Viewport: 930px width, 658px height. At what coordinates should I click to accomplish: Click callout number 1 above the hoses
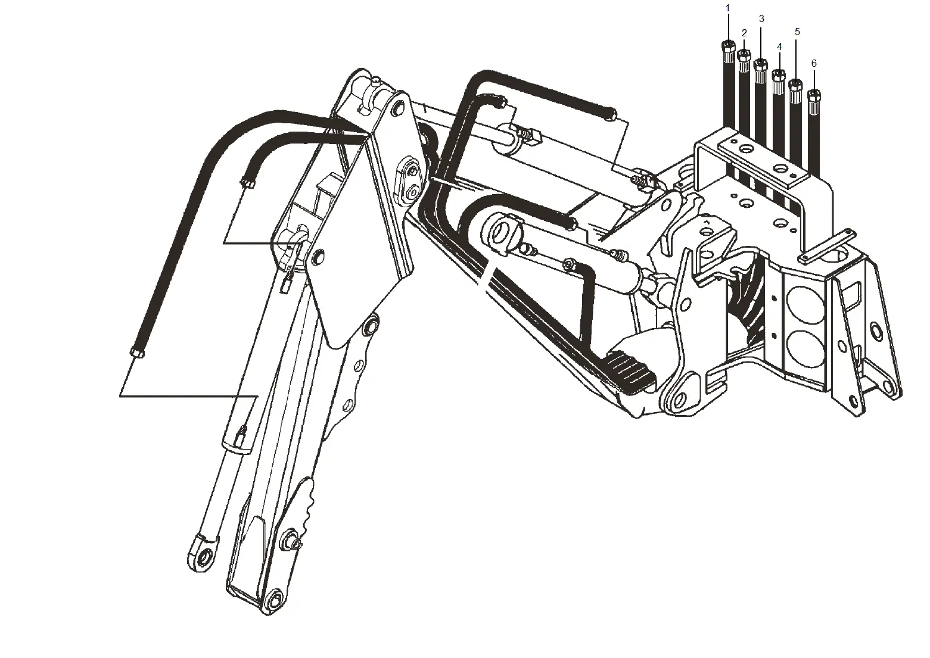tap(727, 8)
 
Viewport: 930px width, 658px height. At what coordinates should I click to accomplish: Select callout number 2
tap(744, 33)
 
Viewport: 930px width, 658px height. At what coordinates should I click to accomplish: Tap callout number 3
tap(761, 19)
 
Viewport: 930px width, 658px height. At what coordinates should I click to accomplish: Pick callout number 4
tap(779, 46)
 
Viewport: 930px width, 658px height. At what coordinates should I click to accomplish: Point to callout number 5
tap(797, 32)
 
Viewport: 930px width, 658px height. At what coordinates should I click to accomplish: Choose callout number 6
tap(814, 63)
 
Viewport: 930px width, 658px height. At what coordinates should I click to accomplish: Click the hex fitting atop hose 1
tap(727, 46)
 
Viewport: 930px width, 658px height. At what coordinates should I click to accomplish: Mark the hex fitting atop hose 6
tap(814, 94)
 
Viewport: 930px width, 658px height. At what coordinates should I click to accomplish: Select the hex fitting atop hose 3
tap(761, 64)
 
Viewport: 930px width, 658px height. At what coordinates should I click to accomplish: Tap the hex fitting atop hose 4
tap(778, 74)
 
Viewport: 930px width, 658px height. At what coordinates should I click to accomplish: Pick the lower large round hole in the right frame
tap(804, 349)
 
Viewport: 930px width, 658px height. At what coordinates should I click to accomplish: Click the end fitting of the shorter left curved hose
tap(246, 183)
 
